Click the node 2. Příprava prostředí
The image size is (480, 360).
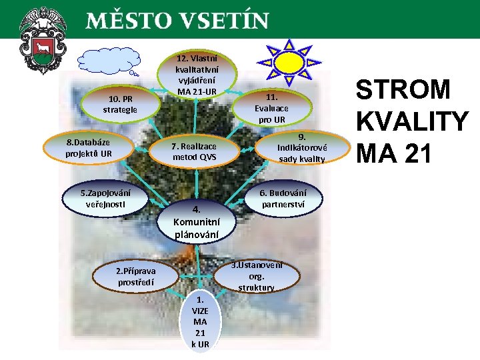[136, 277]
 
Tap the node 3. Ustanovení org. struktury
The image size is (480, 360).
[256, 275]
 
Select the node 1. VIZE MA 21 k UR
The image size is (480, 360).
[199, 321]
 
